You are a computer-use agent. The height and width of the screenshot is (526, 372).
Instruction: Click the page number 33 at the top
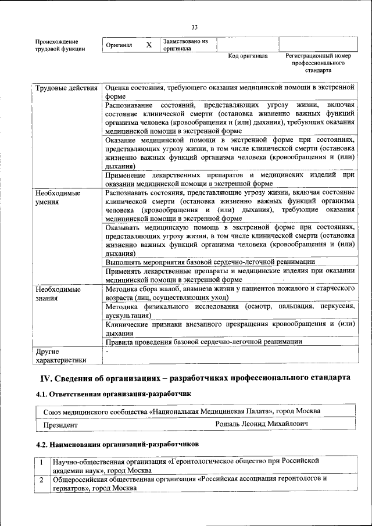195,27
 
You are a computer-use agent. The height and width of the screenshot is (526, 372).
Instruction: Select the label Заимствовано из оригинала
185,45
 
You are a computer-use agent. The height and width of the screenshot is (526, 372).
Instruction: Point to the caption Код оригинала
248,56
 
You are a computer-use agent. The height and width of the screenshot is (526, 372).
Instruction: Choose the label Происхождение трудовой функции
60,45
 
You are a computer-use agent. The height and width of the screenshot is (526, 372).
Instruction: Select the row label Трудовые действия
66,88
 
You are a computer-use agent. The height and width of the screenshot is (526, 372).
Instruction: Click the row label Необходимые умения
58,198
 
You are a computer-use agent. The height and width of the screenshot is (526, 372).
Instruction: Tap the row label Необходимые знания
58,294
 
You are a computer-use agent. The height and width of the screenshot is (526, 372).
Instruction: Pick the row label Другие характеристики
60,356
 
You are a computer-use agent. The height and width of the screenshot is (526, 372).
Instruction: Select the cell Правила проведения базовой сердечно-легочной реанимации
204,342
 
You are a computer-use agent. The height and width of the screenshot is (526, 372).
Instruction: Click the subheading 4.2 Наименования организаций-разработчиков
117,443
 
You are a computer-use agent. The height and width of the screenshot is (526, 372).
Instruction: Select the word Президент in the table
60,425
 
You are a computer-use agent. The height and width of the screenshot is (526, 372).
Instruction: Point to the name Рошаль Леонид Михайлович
261,424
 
